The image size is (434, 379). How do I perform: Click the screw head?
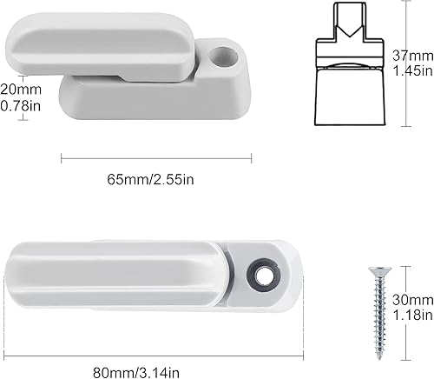[378, 270]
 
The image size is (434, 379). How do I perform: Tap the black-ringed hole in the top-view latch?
[260, 271]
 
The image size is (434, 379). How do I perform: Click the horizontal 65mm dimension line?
[156, 156]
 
